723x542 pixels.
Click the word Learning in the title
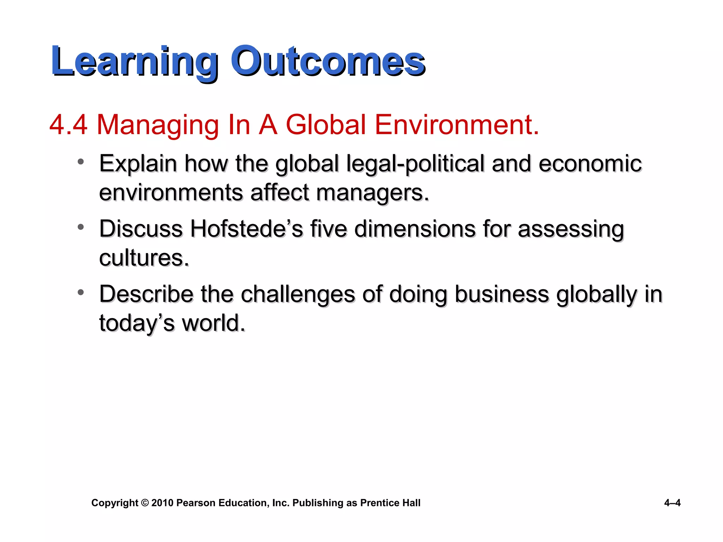click(135, 62)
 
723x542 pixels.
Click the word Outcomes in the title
click(328, 62)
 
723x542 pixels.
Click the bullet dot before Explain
click(81, 162)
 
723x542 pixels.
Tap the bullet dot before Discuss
click(81, 227)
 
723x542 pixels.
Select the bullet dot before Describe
click(81, 292)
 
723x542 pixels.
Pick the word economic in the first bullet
click(590, 164)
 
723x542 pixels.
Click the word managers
click(372, 193)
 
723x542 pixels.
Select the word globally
click(597, 295)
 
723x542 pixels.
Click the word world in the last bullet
click(213, 323)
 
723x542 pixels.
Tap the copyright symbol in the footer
click(145, 503)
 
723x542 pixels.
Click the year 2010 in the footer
click(162, 503)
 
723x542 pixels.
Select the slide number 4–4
click(672, 503)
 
